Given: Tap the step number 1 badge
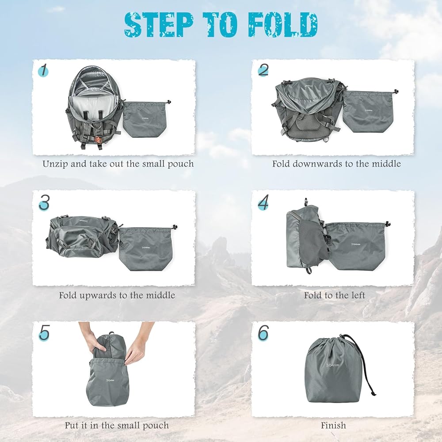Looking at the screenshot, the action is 43,70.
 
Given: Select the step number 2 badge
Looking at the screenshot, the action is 263,70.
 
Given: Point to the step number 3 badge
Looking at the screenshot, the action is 44,202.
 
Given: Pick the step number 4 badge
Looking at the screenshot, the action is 263,202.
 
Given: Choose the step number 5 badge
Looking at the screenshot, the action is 44,333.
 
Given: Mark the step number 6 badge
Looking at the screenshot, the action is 263,333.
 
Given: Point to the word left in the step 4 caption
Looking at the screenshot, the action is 358,295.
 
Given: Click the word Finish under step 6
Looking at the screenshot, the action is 333,425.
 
